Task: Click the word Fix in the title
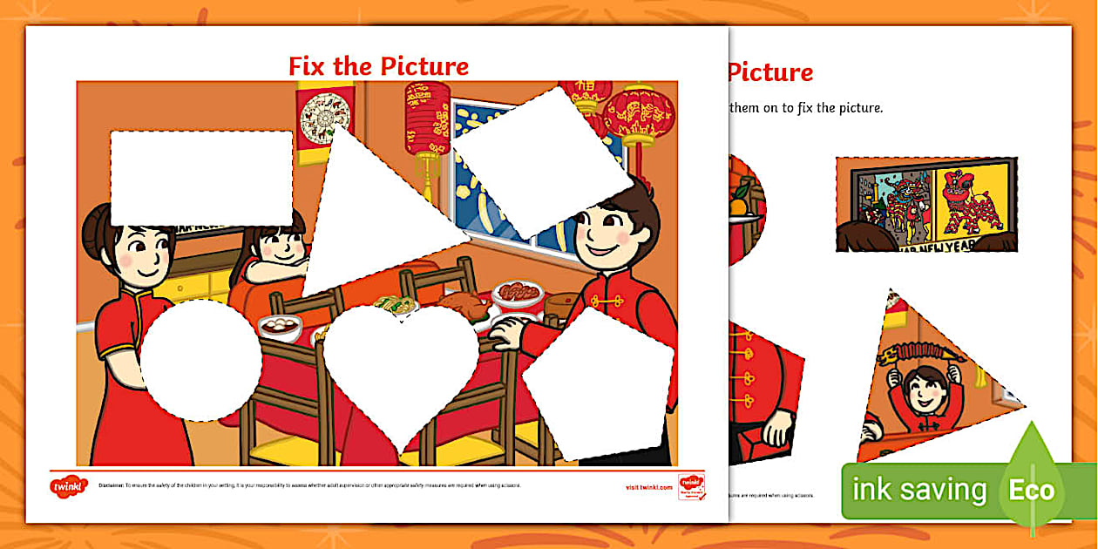[x=307, y=66]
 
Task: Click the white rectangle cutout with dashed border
[x=201, y=177]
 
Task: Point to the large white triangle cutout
[x=375, y=218]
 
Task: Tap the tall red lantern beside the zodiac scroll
[x=427, y=122]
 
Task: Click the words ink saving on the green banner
[x=918, y=490]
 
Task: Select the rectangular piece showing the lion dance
[x=926, y=205]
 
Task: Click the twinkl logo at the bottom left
[x=69, y=486]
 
